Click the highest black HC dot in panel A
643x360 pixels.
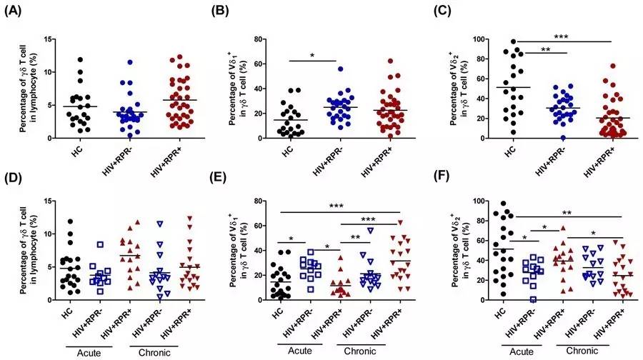point(81,59)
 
